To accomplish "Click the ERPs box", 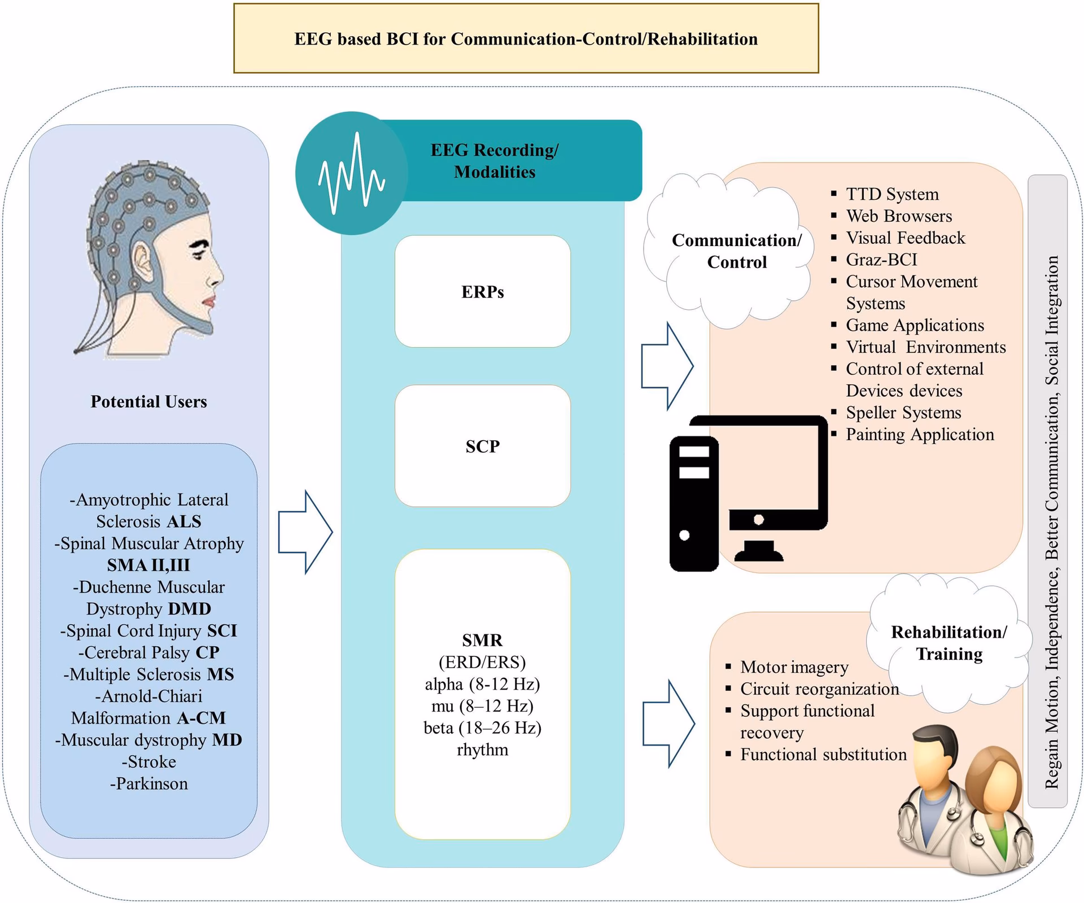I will point(482,292).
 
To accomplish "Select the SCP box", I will point(482,446).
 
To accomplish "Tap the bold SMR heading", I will point(482,640).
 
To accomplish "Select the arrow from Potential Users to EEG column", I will point(305,532).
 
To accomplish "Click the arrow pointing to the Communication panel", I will point(667,366).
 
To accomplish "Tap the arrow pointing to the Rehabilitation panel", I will point(669,724).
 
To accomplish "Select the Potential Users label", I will point(148,402).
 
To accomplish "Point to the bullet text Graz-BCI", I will point(881,260).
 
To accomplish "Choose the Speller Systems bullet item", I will point(903,413).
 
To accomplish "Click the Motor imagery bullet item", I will point(794,667).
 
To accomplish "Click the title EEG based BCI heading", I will point(526,39).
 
